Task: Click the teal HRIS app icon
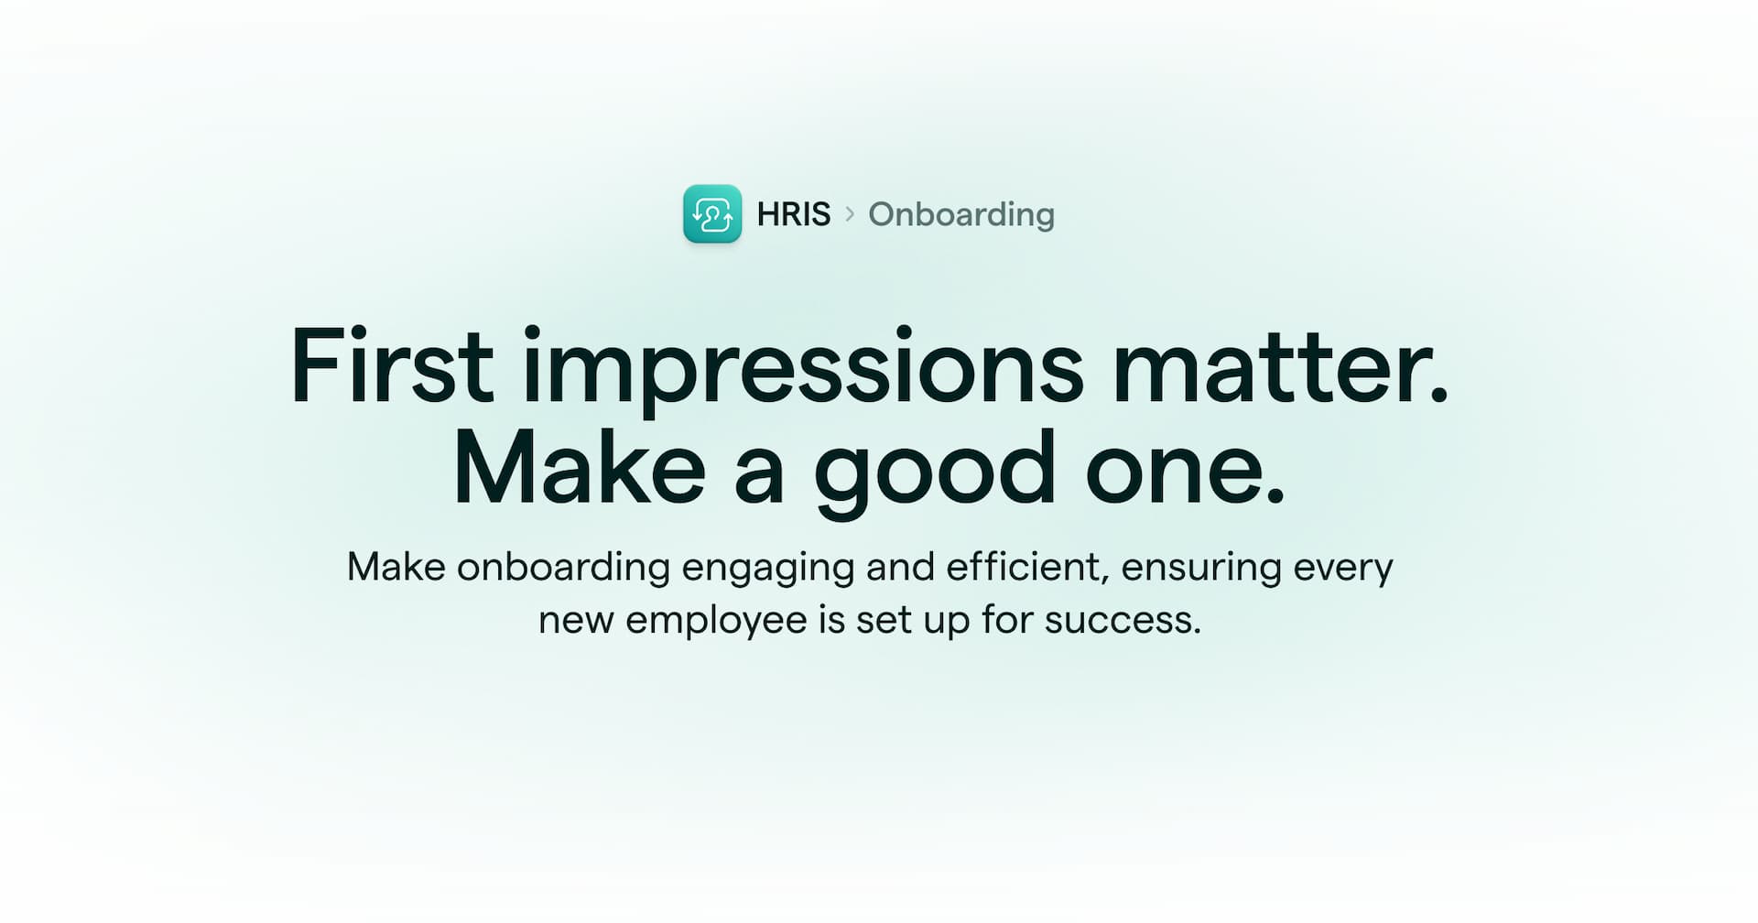[x=712, y=214]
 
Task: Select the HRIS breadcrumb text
[x=793, y=214]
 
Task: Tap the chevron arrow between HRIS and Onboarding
[x=850, y=214]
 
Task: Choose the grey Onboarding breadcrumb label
[x=960, y=214]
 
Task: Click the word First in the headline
[x=392, y=366]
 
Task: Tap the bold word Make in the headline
[x=579, y=469]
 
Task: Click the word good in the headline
[x=934, y=471]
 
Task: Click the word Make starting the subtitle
[x=396, y=567]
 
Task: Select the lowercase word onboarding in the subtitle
[x=563, y=567]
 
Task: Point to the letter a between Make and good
[x=759, y=472]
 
